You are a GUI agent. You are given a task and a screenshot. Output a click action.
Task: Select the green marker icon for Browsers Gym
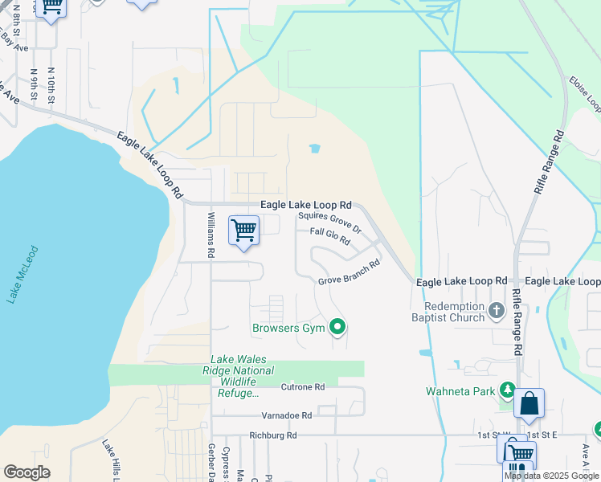(338, 327)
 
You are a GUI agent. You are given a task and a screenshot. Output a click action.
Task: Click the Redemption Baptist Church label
(454, 312)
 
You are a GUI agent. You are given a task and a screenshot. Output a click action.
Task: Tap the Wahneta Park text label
(460, 392)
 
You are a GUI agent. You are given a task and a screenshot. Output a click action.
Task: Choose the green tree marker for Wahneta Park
(507, 390)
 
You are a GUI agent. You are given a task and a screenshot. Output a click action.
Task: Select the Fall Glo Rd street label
(331, 236)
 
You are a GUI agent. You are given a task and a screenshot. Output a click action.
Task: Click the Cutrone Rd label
(303, 387)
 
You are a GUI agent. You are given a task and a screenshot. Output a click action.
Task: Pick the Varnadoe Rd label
(286, 416)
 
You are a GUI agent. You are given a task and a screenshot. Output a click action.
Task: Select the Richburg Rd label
(273, 435)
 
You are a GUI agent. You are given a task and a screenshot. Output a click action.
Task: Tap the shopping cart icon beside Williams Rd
(243, 231)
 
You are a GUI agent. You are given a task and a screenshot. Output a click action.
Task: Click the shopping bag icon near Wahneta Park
(529, 404)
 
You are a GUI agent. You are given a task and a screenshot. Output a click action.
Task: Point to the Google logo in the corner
(27, 472)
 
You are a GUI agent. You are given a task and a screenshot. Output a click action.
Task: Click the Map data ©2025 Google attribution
(551, 476)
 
